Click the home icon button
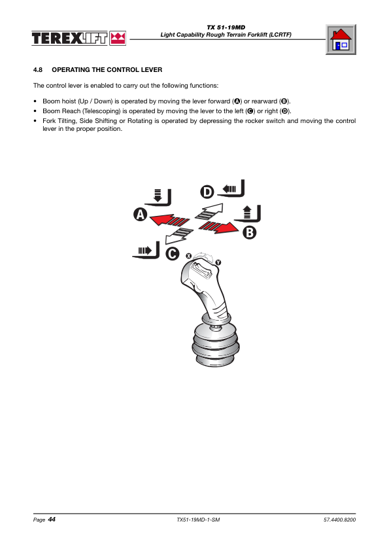[x=341, y=39]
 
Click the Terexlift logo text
[x=69, y=39]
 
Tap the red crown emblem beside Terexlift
[x=118, y=39]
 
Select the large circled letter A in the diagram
[x=141, y=215]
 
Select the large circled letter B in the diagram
[x=250, y=232]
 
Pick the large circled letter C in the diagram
[x=173, y=254]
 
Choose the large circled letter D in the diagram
[x=207, y=192]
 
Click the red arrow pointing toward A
[x=169, y=220]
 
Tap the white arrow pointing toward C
[x=179, y=236]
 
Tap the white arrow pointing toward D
[x=209, y=211]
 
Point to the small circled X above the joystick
[x=188, y=256]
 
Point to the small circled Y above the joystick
[x=218, y=262]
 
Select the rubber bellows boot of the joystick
[x=216, y=346]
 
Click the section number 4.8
[x=38, y=70]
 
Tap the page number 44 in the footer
[x=52, y=520]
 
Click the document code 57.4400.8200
[x=339, y=520]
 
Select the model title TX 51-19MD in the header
[x=226, y=27]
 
